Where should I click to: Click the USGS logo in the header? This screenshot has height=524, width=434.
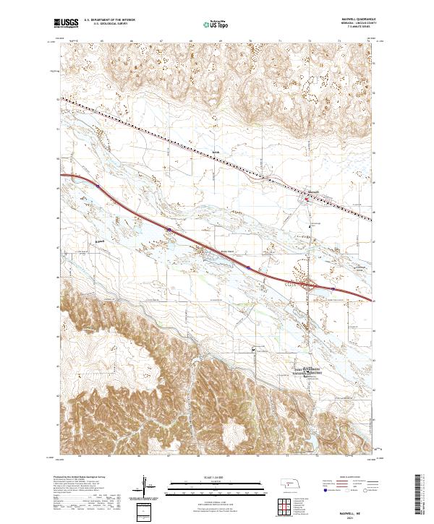[66, 24]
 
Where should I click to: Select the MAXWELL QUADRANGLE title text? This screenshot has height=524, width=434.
[350, 20]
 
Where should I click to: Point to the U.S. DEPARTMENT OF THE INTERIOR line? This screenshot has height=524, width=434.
[109, 20]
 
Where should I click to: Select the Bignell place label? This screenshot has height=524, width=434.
[101, 240]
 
